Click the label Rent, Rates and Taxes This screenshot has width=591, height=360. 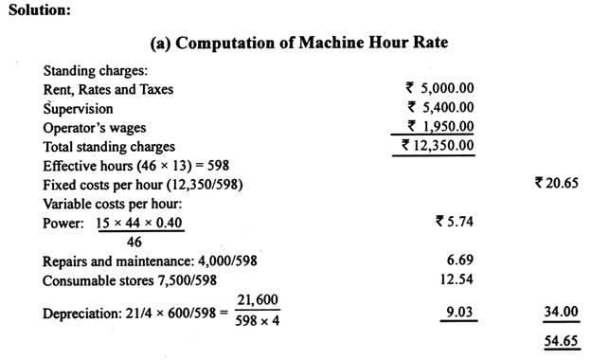pyautogui.click(x=109, y=90)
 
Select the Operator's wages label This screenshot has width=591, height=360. pyautogui.click(x=95, y=128)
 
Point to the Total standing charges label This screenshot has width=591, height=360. pyautogui.click(x=109, y=147)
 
